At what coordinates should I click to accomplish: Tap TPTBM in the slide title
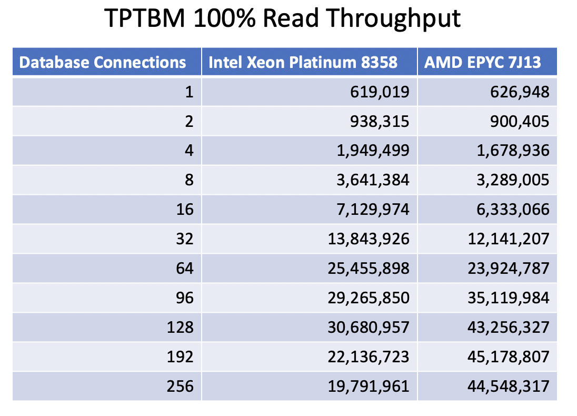click(145, 19)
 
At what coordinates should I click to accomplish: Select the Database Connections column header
click(103, 63)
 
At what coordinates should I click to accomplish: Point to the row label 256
click(180, 387)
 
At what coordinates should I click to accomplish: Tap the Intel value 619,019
click(380, 93)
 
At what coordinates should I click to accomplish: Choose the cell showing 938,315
click(380, 122)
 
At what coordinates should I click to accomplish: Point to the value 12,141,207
click(509, 239)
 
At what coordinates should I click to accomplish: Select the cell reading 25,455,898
click(369, 269)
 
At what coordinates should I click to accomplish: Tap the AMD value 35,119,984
click(509, 298)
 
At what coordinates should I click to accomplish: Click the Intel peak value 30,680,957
click(369, 328)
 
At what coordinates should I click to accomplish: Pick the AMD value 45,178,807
click(509, 357)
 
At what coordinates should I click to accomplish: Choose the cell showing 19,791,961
click(369, 387)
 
